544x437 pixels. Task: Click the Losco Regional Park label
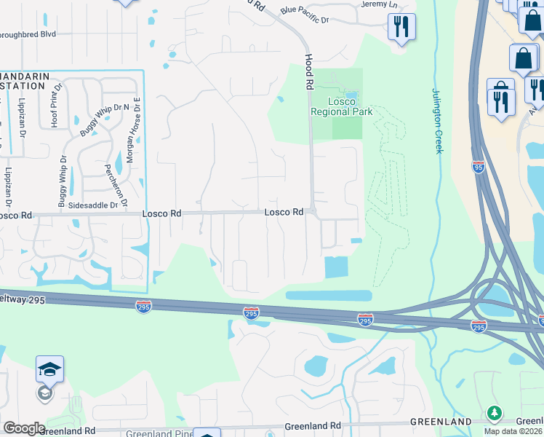coord(341,106)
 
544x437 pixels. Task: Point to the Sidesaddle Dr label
coord(93,206)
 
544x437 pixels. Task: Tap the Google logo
coord(23,428)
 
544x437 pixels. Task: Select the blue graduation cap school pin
coord(49,369)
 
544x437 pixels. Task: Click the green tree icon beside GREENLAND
coord(495,414)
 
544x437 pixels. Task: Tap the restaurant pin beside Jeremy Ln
coord(401,28)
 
